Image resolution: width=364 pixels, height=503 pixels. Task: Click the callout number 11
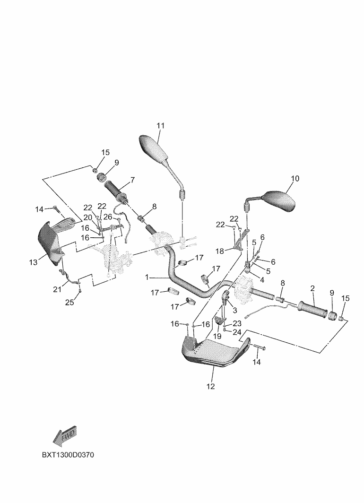coord(160,125)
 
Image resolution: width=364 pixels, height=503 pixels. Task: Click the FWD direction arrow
coord(64,436)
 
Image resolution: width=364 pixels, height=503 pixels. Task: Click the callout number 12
coord(211,387)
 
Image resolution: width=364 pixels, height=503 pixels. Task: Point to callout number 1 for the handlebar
coord(147,277)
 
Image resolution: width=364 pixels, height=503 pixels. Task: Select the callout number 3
coord(235,310)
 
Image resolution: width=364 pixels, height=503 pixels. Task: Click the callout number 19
coord(217,336)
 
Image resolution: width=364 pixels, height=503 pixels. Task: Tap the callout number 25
coord(69,302)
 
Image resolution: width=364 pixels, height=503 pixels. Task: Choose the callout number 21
coord(57,290)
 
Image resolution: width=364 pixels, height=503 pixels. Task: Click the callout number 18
coord(219,251)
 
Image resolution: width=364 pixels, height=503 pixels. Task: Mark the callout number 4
coord(262,280)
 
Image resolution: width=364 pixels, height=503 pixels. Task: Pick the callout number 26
coord(108,217)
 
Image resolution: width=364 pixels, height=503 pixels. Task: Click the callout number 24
coord(237,332)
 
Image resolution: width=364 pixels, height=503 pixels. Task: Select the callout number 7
coord(132,180)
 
